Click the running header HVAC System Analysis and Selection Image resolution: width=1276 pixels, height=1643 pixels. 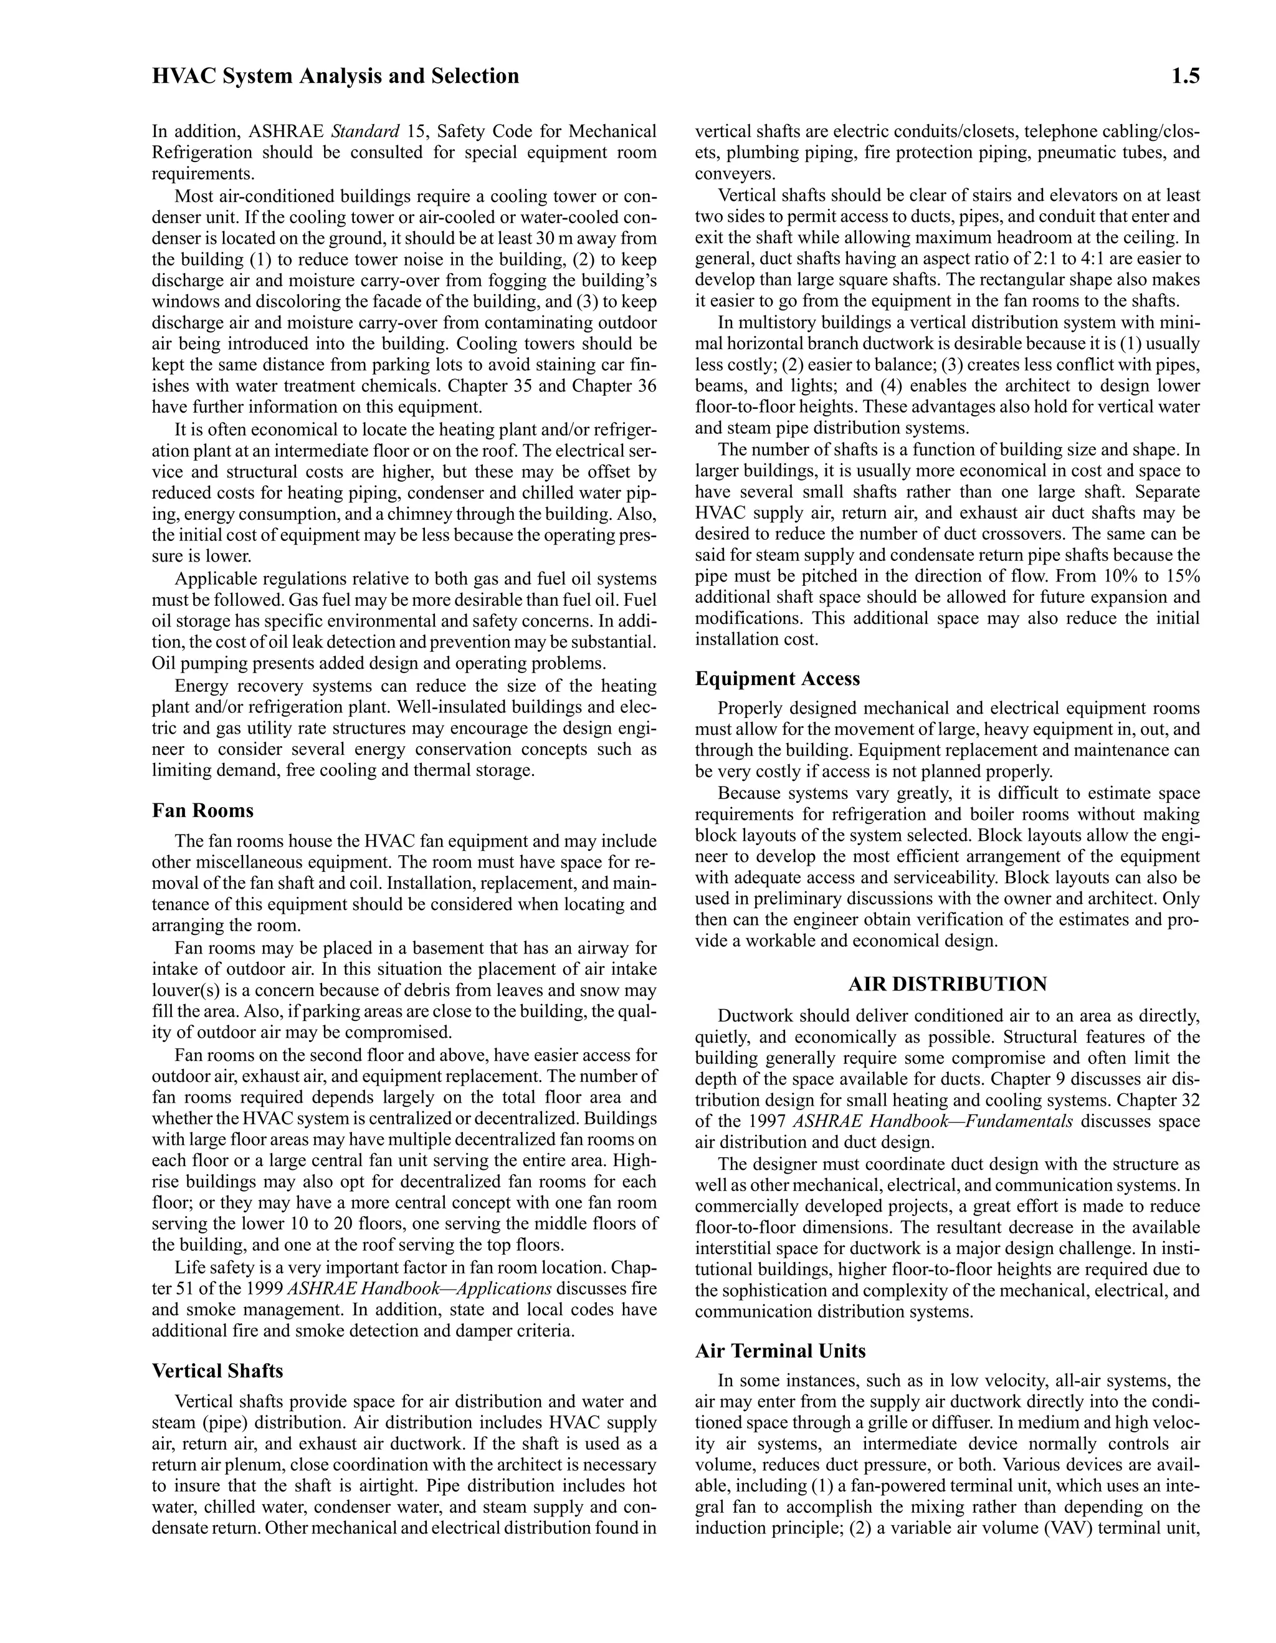[335, 76]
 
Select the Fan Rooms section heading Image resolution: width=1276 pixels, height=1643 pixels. [202, 811]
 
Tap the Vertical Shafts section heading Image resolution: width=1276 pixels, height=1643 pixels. [217, 1371]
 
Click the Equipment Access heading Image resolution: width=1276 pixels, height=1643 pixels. [777, 679]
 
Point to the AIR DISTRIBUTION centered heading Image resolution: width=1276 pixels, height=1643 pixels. [948, 984]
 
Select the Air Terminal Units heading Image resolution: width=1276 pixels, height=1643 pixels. [779, 1351]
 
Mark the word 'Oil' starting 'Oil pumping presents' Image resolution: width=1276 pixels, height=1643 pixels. [164, 664]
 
